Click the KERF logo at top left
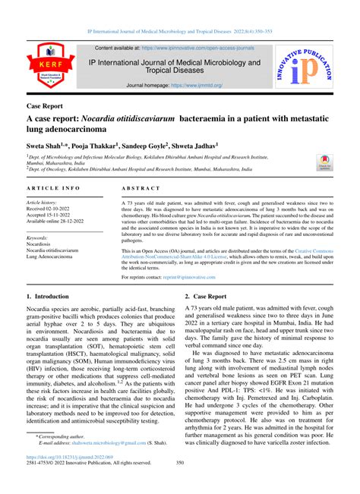[48, 66]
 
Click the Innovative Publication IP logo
[312, 67]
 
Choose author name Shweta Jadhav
[197, 143]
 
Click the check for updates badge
[324, 165]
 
